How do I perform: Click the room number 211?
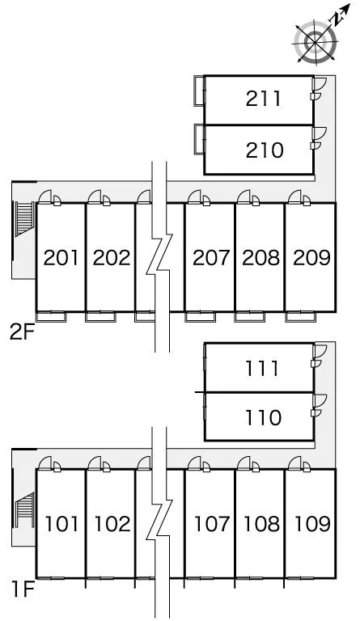tap(264, 99)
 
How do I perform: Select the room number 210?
tap(265, 150)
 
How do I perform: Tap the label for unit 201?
tap(61, 258)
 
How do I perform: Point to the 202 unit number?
tap(112, 258)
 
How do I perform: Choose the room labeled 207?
tap(211, 258)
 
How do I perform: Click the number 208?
tap(261, 258)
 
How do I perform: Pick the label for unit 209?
tap(311, 258)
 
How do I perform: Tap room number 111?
tap(262, 369)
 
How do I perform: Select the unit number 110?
tap(264, 418)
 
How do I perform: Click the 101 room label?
tap(61, 524)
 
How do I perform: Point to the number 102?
tap(112, 524)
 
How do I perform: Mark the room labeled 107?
tap(212, 524)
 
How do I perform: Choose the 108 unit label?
tap(262, 524)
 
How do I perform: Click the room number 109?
tap(312, 524)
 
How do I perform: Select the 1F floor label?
tap(23, 589)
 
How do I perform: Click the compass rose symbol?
tap(316, 41)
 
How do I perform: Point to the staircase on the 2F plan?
tap(23, 219)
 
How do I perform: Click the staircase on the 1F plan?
tap(23, 509)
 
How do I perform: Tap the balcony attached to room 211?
tap(199, 91)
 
